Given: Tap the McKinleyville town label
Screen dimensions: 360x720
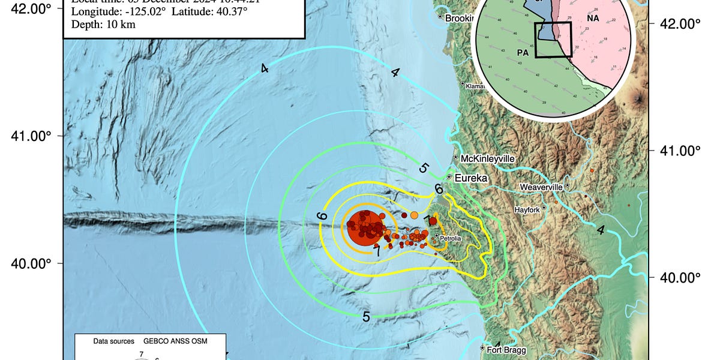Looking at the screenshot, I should pyautogui.click(x=488, y=158).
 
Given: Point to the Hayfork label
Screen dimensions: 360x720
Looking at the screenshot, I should pyautogui.click(x=528, y=209).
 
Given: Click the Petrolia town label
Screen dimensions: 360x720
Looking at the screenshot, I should pyautogui.click(x=451, y=239).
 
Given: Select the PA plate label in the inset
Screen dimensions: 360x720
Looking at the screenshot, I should pyautogui.click(x=522, y=53).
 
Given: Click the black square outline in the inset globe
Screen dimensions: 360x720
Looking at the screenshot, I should pyautogui.click(x=552, y=40).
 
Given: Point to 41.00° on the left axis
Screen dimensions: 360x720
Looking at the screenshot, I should pyautogui.click(x=29, y=136).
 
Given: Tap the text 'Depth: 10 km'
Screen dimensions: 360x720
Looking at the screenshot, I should pyautogui.click(x=103, y=25).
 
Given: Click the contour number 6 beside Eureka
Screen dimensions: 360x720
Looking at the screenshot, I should pyautogui.click(x=439, y=189).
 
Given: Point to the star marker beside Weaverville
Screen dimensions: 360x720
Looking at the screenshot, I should pyautogui.click(x=568, y=187).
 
